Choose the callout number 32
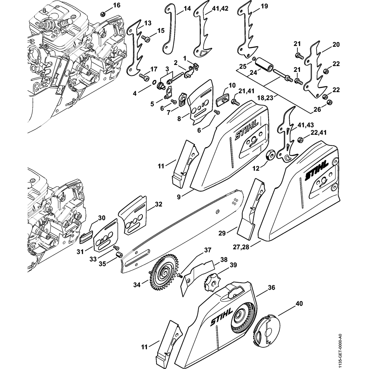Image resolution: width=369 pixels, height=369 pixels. click(x=158, y=204)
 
